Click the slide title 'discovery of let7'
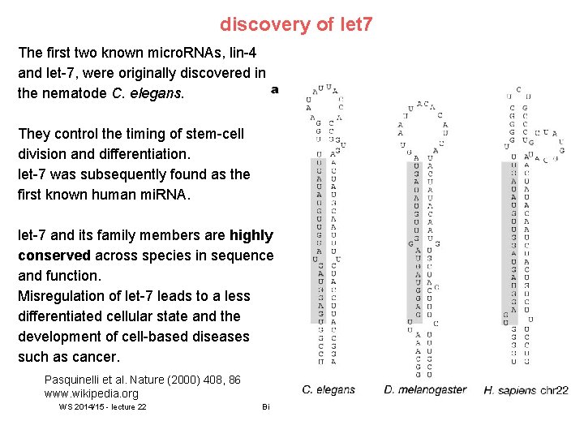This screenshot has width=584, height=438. coord(296,24)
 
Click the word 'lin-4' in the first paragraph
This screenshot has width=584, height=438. coord(239,53)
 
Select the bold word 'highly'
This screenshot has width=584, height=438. coord(251,235)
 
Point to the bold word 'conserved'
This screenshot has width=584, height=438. coord(53,255)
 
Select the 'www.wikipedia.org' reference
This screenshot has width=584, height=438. coord(92,393)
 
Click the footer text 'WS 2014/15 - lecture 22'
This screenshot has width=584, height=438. coord(102,407)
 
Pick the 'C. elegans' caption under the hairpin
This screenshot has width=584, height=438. coord(328,390)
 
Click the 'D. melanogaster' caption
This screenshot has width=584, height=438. coord(425,390)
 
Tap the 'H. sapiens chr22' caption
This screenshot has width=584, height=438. coord(526,390)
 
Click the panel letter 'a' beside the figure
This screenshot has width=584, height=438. coord(274,89)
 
